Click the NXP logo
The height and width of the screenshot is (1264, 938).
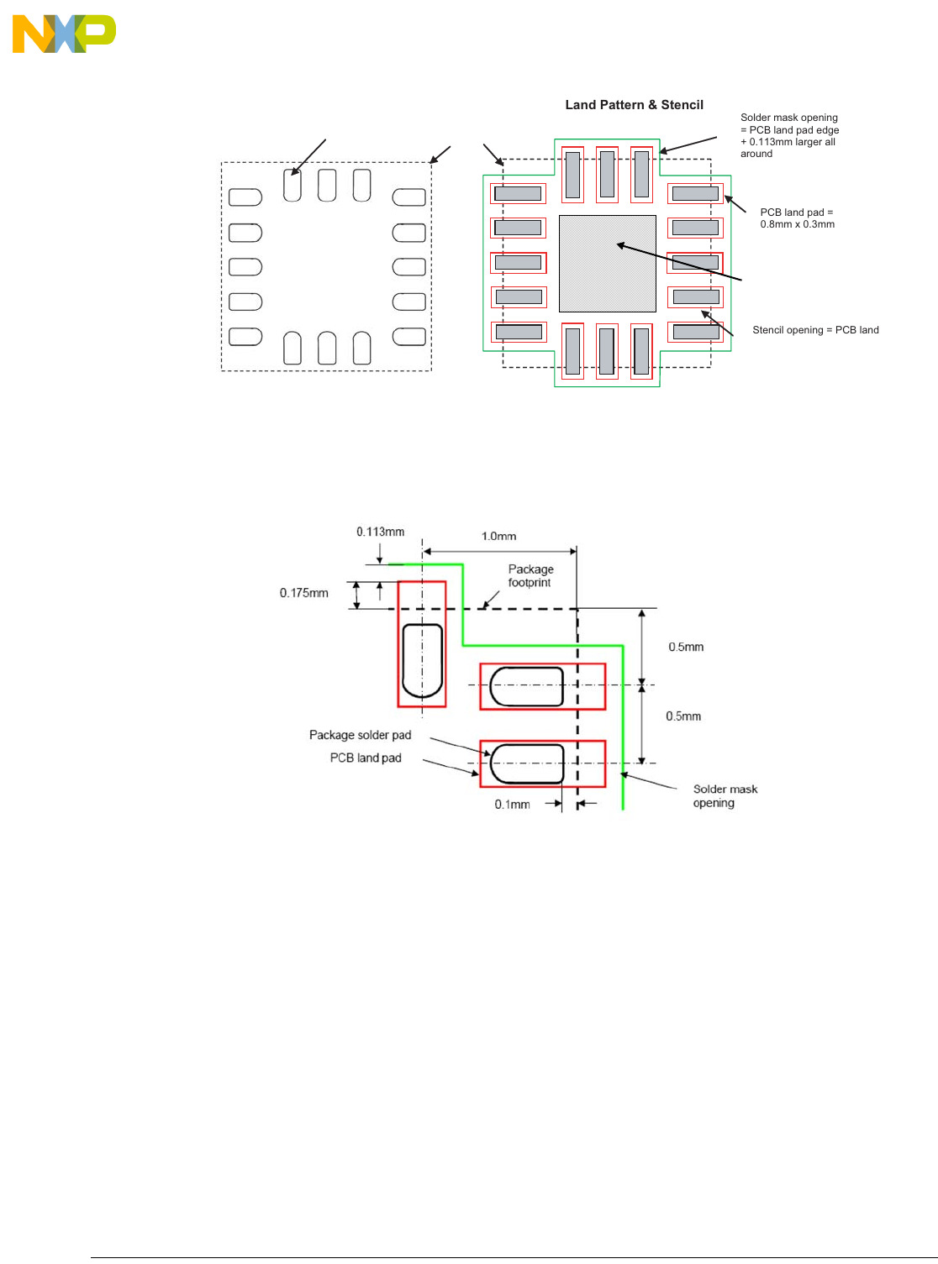(x=64, y=34)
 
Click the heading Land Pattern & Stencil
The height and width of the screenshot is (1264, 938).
(x=634, y=105)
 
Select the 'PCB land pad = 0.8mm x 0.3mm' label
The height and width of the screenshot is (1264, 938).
(x=797, y=218)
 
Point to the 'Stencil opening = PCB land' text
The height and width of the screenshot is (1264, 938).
(x=815, y=330)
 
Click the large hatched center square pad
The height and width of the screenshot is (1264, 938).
(x=607, y=263)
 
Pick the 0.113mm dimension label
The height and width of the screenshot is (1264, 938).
(x=380, y=532)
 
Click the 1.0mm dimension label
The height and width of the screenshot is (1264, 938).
(x=498, y=537)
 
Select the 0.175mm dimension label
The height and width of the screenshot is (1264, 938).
(x=303, y=593)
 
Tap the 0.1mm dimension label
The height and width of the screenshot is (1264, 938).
(x=512, y=804)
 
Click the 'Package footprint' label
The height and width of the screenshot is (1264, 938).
(x=530, y=575)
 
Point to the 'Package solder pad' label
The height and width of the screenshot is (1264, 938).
(x=360, y=735)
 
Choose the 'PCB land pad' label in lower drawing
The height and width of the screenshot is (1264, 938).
(x=366, y=758)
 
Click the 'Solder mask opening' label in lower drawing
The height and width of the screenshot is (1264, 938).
(x=725, y=795)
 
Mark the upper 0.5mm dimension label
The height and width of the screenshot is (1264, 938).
(x=686, y=647)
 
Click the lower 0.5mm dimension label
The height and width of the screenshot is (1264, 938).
(x=683, y=716)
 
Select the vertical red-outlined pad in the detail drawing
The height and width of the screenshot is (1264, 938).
(x=422, y=644)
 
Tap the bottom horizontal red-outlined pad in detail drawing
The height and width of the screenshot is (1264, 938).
(x=542, y=763)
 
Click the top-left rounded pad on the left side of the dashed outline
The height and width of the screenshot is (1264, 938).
(x=245, y=197)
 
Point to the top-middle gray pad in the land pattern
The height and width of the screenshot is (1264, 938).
(x=607, y=174)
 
